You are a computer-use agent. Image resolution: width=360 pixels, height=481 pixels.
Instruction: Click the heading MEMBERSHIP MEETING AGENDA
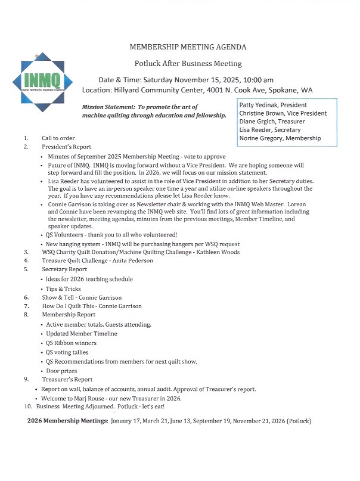(187, 46)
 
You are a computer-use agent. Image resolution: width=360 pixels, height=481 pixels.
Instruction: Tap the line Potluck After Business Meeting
(187, 63)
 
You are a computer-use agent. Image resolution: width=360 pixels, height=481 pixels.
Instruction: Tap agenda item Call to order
(58, 138)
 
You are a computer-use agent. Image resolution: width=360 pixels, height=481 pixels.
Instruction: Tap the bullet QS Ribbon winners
(71, 343)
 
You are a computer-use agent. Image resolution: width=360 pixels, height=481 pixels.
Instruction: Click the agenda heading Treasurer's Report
(67, 379)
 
